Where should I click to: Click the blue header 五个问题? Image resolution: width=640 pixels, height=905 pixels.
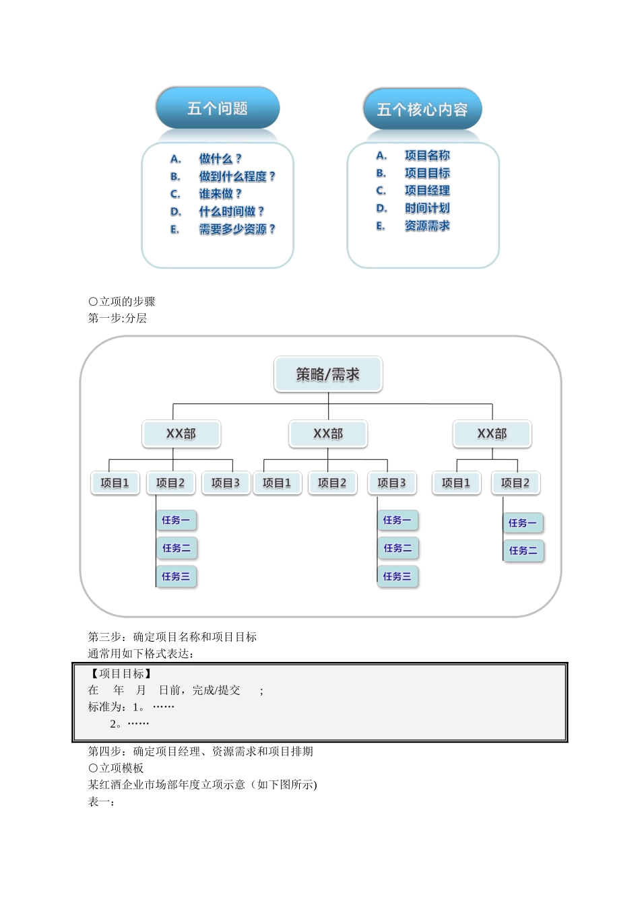coord(218,108)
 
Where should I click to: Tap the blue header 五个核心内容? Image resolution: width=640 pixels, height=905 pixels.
coord(422,110)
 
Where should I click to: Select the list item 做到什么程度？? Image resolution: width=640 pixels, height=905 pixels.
coord(236,176)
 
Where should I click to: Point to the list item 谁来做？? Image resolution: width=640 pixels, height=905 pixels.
coord(220,194)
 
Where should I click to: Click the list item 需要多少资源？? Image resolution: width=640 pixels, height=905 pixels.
coord(236,229)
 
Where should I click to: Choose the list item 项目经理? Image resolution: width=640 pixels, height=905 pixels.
coord(427,191)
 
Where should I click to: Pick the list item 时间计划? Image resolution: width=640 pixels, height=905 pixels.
coord(427,208)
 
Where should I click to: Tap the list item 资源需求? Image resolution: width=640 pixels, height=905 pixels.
coord(427,226)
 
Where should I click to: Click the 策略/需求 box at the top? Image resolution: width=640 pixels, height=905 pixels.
coord(328,374)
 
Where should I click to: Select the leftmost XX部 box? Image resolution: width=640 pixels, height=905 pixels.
coord(181,434)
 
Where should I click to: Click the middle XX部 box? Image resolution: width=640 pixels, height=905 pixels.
coord(328,434)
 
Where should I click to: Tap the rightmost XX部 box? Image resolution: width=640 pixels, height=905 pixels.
coord(492,434)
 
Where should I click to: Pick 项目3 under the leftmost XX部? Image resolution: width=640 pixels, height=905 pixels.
coord(226,483)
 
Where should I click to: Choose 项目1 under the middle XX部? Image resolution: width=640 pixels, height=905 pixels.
coord(277,483)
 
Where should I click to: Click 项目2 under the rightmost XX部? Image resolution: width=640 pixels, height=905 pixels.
coord(515,483)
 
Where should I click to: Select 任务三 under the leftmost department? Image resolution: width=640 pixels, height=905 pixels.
coord(176,576)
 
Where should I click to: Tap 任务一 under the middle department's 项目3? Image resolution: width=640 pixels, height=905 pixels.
coord(397,520)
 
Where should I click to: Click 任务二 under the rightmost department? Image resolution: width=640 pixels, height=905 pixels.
coord(523,551)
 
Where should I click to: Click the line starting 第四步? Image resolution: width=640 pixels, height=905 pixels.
coord(201,751)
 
